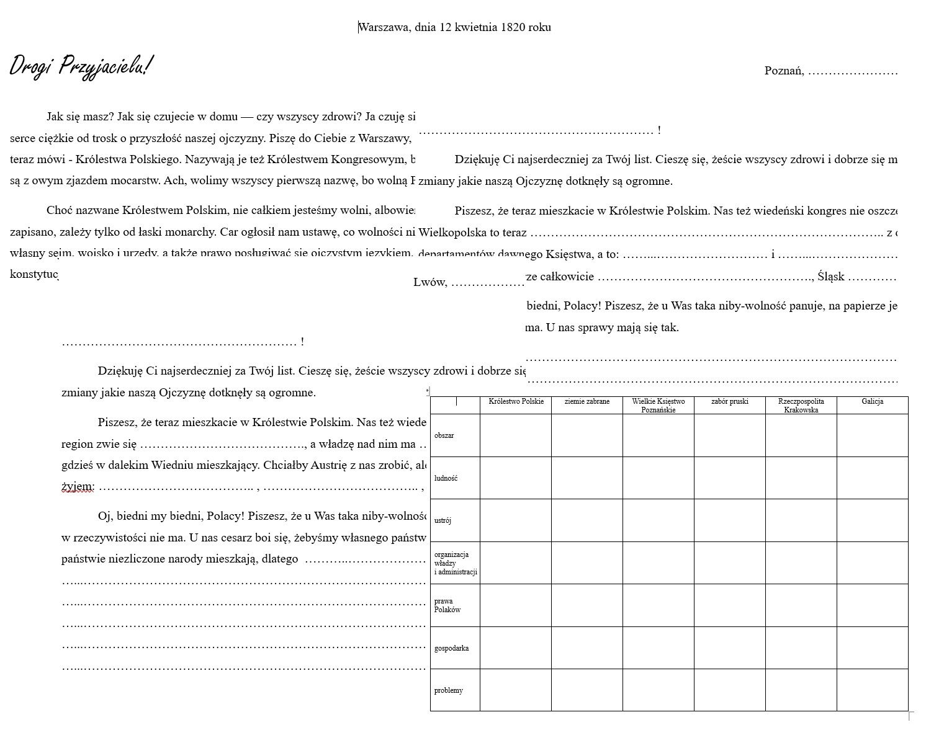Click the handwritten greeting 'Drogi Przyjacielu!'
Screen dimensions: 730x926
[x=81, y=66]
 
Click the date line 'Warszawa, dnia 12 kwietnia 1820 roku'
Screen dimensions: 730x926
[x=454, y=27]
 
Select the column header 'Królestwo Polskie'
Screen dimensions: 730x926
[x=516, y=402]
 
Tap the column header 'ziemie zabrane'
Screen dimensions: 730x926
[x=587, y=402]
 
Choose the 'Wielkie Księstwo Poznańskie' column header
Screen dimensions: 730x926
[x=658, y=406]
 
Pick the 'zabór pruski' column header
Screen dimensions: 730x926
[x=729, y=402]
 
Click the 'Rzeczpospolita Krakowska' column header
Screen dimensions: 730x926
[x=801, y=406]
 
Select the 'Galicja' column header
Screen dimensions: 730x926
[x=872, y=402]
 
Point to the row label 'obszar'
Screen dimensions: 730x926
[x=444, y=435]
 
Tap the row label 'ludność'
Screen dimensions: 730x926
[x=446, y=478]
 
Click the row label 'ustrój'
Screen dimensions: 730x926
[x=443, y=520]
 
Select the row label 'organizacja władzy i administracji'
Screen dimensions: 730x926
[x=455, y=563]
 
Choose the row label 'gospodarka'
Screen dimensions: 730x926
[x=451, y=648]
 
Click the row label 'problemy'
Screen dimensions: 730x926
[x=448, y=690]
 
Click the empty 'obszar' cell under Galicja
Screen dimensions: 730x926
[x=872, y=435]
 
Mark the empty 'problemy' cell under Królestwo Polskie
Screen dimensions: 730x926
[x=516, y=690]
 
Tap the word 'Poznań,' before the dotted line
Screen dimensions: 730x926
[x=784, y=71]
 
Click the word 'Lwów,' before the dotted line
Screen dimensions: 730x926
[x=430, y=283]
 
